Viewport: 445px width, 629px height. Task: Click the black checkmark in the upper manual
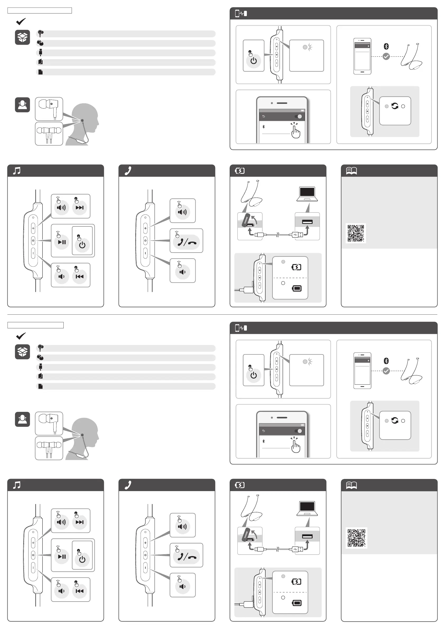pos(21,21)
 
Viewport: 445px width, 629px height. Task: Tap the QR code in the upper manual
pos(356,233)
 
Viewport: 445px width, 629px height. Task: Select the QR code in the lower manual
pos(356,538)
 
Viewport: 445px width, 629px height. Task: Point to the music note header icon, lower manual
pos(17,485)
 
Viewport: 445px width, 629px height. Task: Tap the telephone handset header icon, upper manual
pos(128,171)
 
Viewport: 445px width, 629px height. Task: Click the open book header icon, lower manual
pos(351,486)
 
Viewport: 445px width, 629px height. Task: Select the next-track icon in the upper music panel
pos(80,208)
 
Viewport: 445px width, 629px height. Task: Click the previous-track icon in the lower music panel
pos(80,591)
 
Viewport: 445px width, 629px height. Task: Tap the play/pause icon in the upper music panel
pos(62,242)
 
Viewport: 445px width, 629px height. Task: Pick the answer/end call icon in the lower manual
pos(187,557)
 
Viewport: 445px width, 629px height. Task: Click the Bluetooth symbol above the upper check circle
pos(386,46)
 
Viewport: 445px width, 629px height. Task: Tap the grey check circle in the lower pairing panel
pos(386,371)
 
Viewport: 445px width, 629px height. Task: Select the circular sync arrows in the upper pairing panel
pos(395,106)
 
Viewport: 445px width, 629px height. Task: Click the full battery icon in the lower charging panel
pos(297,603)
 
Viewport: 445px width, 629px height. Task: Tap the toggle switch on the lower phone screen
pos(298,431)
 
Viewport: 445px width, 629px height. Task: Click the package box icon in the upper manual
pos(22,37)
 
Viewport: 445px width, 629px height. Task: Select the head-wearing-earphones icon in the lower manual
pos(22,419)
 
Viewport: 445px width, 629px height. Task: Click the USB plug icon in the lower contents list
pos(40,367)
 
